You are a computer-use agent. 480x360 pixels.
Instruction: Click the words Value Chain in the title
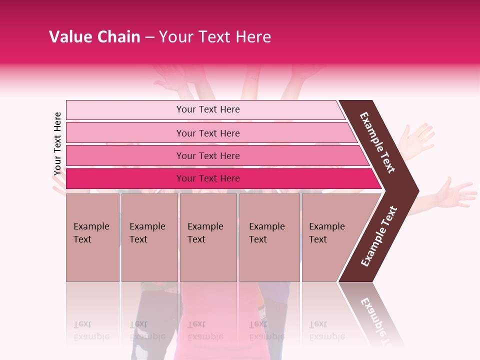click(x=94, y=37)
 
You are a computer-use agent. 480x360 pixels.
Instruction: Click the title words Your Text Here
click(x=215, y=37)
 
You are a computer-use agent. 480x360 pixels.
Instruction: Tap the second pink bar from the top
click(x=207, y=133)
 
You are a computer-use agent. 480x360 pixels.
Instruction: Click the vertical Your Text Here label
click(x=57, y=144)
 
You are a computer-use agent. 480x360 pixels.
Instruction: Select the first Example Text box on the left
click(x=92, y=237)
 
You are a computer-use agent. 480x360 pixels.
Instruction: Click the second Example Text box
click(x=149, y=237)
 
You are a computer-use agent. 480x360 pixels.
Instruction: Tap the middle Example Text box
click(x=208, y=237)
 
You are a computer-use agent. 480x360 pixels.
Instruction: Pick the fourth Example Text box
click(x=269, y=237)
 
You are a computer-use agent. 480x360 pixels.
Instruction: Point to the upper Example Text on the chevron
click(x=377, y=142)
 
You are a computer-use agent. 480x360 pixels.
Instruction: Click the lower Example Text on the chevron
click(x=379, y=236)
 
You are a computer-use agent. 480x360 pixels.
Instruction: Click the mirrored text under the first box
click(x=91, y=330)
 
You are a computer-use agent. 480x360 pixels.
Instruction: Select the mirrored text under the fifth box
click(x=327, y=330)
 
